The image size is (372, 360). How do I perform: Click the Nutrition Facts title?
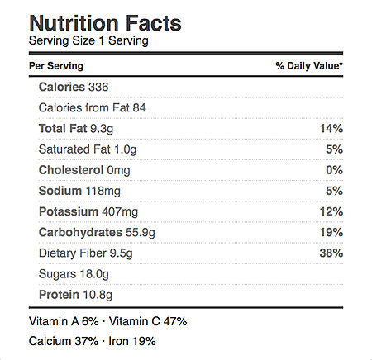[105, 23]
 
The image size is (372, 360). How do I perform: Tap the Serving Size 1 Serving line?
[88, 41]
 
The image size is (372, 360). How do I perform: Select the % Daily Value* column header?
[309, 66]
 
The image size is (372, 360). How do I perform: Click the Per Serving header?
[56, 66]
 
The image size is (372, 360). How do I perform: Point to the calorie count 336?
[98, 87]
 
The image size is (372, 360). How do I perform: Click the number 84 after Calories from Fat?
[139, 107]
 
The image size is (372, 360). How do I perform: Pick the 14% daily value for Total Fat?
[331, 129]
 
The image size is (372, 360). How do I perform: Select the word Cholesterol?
[71, 170]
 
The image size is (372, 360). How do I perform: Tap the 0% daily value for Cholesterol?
[335, 170]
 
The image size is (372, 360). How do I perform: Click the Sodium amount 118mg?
[103, 191]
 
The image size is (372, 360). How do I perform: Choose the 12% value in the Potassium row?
[331, 211]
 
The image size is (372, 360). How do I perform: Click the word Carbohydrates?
[80, 233]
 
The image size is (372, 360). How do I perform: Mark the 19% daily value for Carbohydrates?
[331, 233]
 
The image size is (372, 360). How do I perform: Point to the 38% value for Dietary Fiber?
[331, 253]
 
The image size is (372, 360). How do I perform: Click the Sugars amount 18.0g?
[94, 274]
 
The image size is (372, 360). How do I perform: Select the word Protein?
[59, 295]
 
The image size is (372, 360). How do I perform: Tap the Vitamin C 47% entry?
[148, 321]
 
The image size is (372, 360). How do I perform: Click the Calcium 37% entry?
[64, 341]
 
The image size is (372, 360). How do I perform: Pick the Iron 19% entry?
[132, 341]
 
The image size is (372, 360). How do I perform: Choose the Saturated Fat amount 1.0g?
[126, 149]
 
